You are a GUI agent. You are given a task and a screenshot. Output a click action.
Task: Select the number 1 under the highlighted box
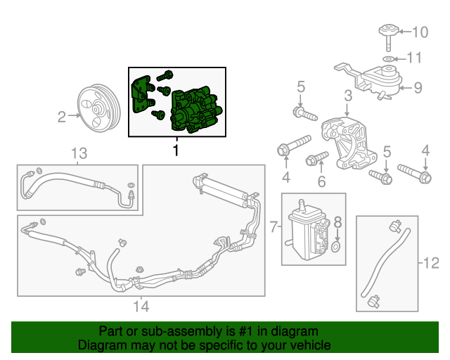pos(176,150)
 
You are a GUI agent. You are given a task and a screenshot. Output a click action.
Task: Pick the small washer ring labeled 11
pos(387,58)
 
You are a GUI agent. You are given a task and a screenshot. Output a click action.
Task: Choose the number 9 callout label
pos(417,88)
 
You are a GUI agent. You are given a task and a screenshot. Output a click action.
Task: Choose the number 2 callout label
pos(61,116)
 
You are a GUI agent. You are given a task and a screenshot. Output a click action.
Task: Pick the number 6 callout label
pos(321,182)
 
